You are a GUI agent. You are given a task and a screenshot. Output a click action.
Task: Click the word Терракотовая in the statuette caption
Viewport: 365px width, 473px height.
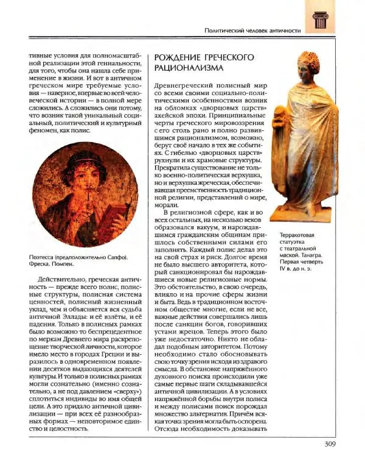point(301,233)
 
